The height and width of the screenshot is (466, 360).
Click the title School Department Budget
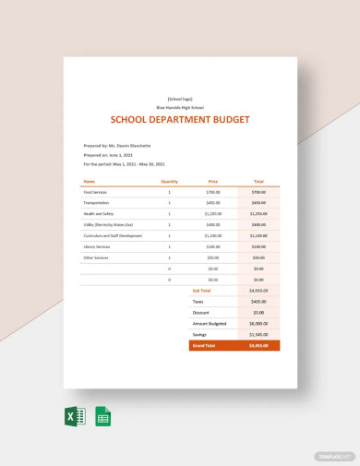pos(179,119)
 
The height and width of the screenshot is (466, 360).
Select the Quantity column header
pos(169,182)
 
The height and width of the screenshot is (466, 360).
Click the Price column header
pos(213,182)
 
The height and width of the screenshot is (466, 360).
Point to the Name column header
pos(89,182)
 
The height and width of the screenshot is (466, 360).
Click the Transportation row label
pos(96,203)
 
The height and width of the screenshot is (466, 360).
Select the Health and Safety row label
pos(98,213)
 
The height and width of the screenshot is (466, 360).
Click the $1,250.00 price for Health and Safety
pos(213,213)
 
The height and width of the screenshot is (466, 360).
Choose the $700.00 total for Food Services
pos(258,192)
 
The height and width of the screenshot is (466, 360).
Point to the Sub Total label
pos(202,290)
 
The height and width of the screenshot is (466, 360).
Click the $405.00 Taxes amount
pos(258,301)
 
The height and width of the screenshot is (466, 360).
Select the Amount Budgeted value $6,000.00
pos(258,324)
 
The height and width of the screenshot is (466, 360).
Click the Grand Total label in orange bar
pos(204,346)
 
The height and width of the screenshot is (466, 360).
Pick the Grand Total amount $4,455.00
pos(258,346)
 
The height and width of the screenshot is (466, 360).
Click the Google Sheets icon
pos(103,416)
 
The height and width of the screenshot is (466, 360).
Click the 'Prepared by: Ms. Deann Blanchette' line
pos(115,146)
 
